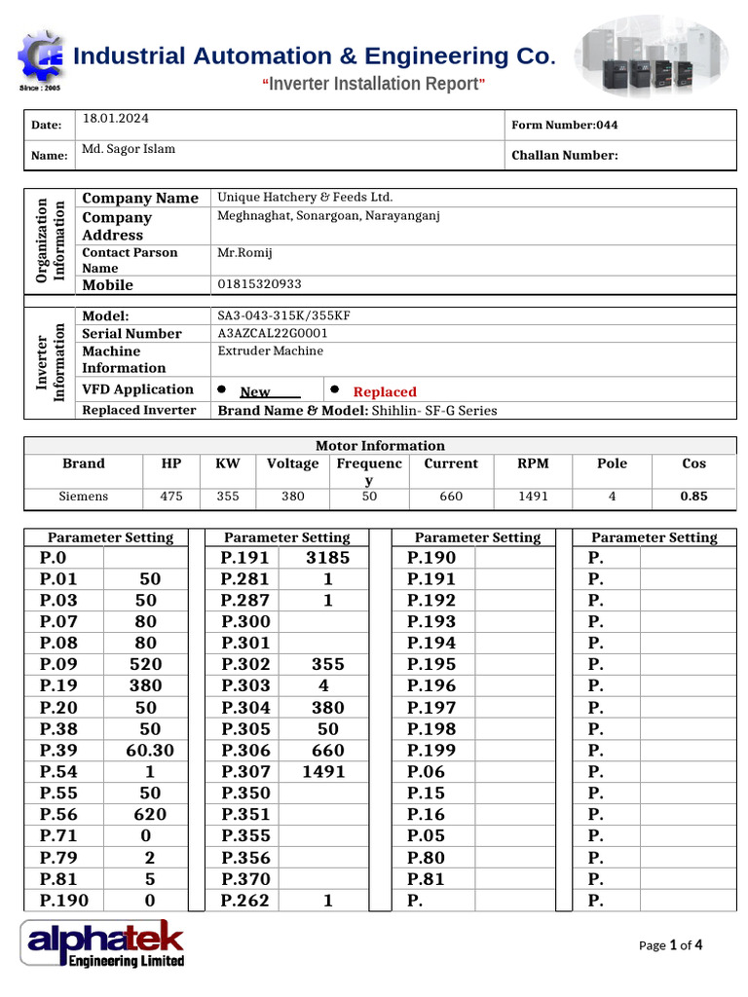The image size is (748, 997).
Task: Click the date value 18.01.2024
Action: pyautogui.click(x=116, y=119)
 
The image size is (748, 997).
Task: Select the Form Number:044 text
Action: pyautogui.click(x=564, y=125)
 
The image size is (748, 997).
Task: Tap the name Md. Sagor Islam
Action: pyautogui.click(x=129, y=149)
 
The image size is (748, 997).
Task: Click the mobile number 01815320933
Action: pyautogui.click(x=259, y=284)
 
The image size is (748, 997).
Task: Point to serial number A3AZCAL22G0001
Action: pyautogui.click(x=272, y=333)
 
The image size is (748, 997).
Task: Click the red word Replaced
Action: pyautogui.click(x=384, y=391)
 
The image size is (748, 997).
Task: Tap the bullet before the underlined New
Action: pyautogui.click(x=222, y=389)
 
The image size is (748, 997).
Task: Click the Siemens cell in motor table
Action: pyautogui.click(x=84, y=497)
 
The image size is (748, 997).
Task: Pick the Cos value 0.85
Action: pyautogui.click(x=693, y=497)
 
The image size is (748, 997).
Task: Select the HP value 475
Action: pyautogui.click(x=170, y=497)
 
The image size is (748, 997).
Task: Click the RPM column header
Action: pyautogui.click(x=533, y=463)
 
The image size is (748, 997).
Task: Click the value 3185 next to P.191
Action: pyautogui.click(x=327, y=558)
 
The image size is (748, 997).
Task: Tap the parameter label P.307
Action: pyautogui.click(x=245, y=771)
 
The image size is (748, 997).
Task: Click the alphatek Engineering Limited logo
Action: pyautogui.click(x=103, y=943)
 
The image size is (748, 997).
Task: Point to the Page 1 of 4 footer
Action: pyautogui.click(x=670, y=944)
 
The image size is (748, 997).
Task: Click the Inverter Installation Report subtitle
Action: pyautogui.click(x=374, y=84)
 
